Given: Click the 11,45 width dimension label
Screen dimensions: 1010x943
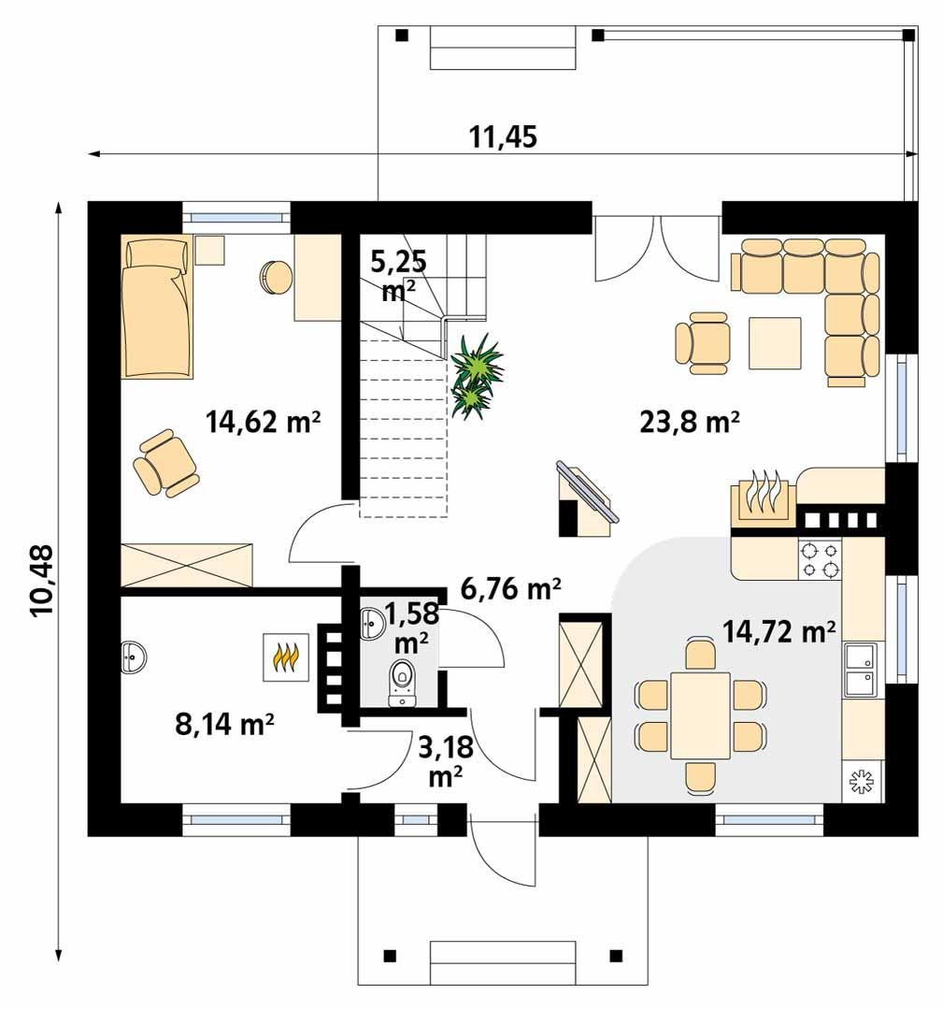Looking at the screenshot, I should click(x=503, y=137).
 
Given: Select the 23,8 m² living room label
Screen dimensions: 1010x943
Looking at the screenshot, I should click(x=690, y=422).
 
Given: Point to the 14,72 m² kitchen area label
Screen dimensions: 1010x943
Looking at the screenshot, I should click(x=779, y=632).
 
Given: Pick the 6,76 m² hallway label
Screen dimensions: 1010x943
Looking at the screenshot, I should click(x=510, y=588).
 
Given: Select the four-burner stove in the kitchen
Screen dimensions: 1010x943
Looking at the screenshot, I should click(x=819, y=559).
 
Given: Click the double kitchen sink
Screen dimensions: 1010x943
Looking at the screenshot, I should click(x=860, y=670).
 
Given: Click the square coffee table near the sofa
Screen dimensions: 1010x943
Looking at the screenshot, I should click(x=774, y=343).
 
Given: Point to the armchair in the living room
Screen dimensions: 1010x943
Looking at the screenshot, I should click(x=702, y=341).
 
